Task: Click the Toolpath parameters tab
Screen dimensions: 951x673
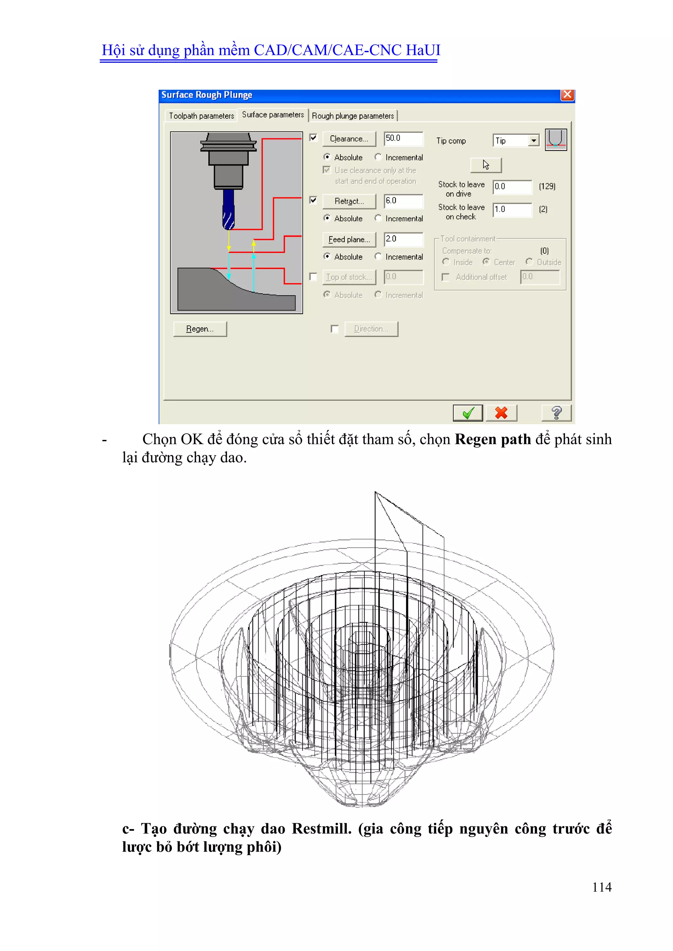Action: coord(201,116)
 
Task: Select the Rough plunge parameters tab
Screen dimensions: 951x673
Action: coord(353,116)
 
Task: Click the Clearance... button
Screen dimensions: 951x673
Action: coord(349,139)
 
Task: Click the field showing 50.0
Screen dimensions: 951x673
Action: coord(403,138)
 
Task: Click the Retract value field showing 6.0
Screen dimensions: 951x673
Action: coord(403,201)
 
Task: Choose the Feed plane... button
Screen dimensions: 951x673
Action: coord(349,239)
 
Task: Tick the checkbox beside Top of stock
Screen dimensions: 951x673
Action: coord(313,277)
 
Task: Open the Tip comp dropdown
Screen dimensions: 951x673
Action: coord(534,141)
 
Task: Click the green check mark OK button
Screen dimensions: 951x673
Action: coord(468,413)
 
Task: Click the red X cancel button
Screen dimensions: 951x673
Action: coord(501,413)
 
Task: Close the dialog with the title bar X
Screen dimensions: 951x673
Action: coord(567,95)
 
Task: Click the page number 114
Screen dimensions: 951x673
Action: coord(601,887)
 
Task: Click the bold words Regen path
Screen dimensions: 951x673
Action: coord(492,439)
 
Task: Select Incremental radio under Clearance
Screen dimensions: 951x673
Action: coord(378,157)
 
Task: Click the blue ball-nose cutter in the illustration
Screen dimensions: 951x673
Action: coord(228,209)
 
